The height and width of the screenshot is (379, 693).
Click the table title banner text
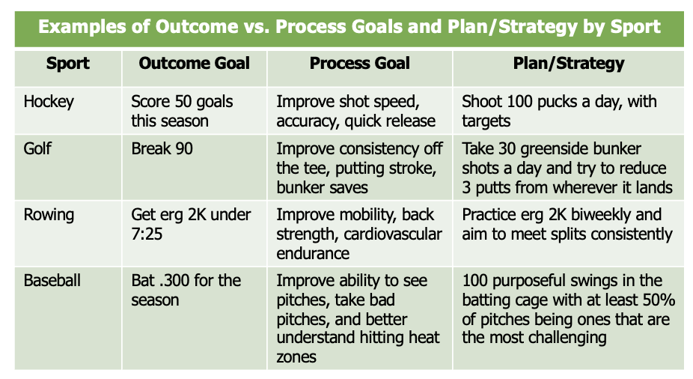(x=349, y=27)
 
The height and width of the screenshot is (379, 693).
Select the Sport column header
(x=67, y=64)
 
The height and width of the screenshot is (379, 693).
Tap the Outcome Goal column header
(x=194, y=63)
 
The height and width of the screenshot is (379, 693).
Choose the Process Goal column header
(x=359, y=63)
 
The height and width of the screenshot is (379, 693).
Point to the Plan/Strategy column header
(x=568, y=64)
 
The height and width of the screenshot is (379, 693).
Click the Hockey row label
(x=49, y=102)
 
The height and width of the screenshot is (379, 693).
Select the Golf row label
(x=37, y=148)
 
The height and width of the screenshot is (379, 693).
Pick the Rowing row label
(x=49, y=216)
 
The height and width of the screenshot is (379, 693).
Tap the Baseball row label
(x=52, y=280)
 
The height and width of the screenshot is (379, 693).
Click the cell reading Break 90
(x=162, y=148)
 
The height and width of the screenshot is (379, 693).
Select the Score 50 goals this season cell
(x=182, y=112)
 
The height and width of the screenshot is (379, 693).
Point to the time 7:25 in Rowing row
(x=147, y=234)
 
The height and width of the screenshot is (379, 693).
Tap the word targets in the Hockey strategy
(x=486, y=121)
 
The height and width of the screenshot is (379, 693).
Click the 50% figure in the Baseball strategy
(x=659, y=300)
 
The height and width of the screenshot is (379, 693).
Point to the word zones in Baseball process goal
(x=296, y=357)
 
